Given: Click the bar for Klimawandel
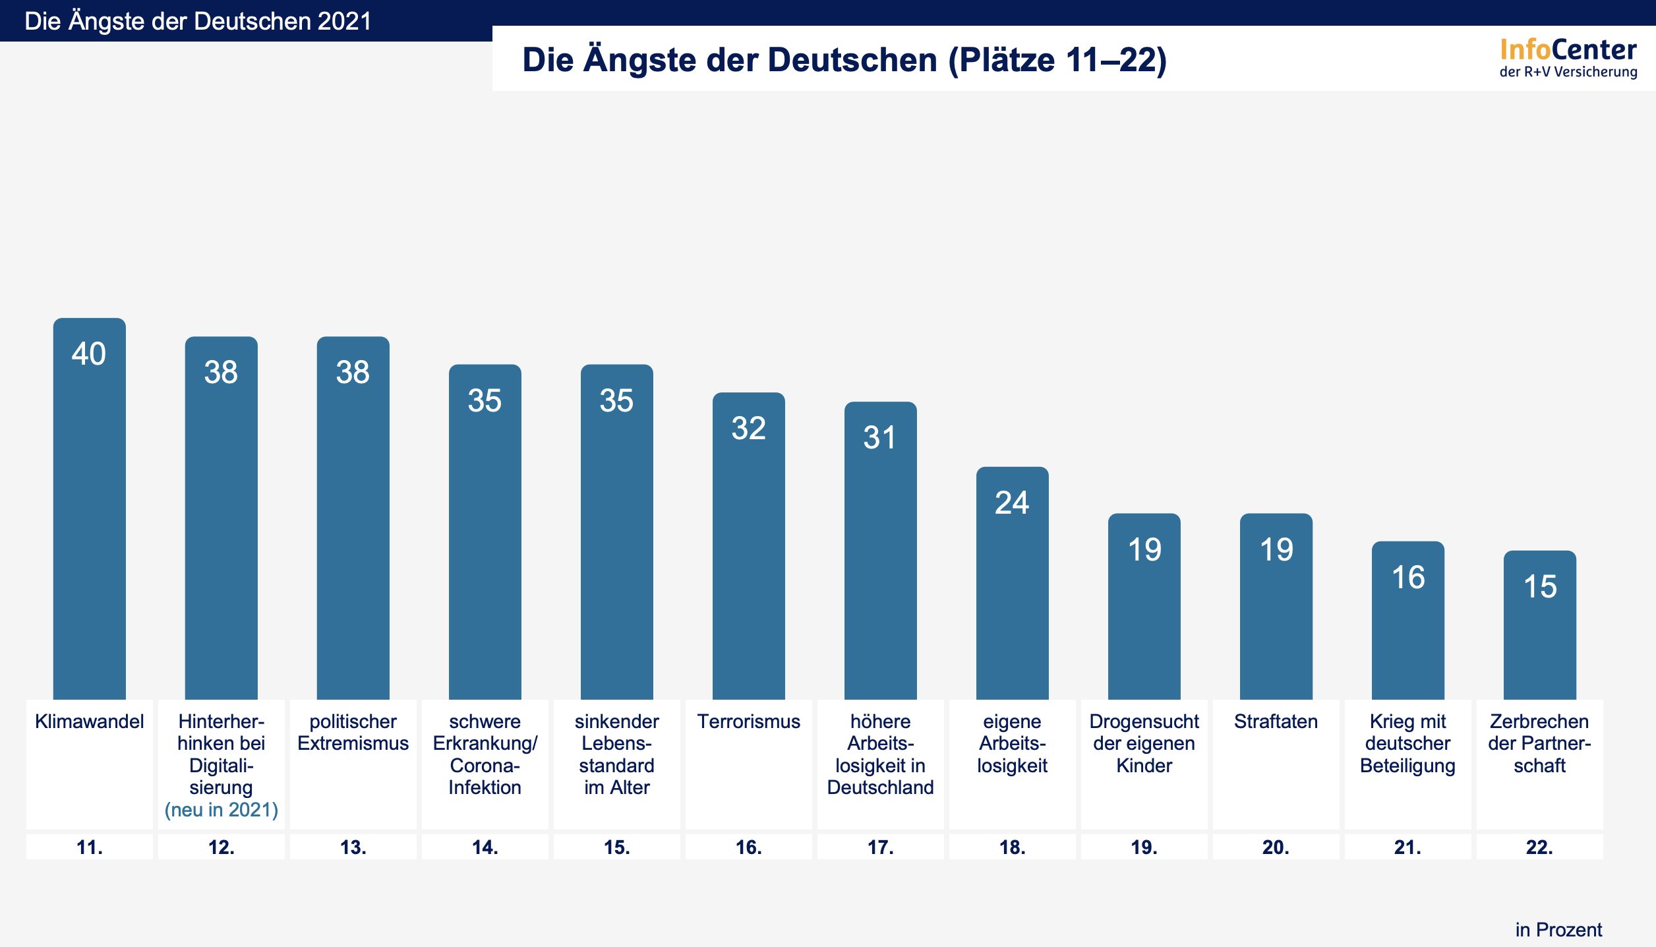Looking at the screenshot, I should (89, 528).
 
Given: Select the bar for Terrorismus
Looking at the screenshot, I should (748, 561).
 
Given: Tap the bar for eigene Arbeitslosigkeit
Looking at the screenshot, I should (1012, 594).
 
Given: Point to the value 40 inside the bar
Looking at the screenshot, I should (89, 354).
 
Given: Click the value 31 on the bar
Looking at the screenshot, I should (880, 437).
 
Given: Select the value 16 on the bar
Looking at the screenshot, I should (1408, 578).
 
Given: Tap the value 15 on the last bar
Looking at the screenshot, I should (1540, 587).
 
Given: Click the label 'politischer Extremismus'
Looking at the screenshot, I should (353, 732).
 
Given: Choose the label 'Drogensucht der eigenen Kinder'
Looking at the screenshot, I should (1144, 743).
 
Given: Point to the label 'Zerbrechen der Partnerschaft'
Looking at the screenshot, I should (1539, 743).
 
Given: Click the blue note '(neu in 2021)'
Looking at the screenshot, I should (221, 810).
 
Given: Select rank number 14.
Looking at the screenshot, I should (485, 847).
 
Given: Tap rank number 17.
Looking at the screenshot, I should (880, 847).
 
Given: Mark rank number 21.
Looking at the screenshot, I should (1407, 847).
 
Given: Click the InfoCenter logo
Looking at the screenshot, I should (1568, 58).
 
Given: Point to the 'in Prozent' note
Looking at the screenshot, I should (1558, 930).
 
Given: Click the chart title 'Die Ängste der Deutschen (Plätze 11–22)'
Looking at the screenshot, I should (844, 60).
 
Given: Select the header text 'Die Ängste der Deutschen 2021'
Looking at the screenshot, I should (198, 21).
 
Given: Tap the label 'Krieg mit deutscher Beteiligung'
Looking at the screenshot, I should (1407, 743).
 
